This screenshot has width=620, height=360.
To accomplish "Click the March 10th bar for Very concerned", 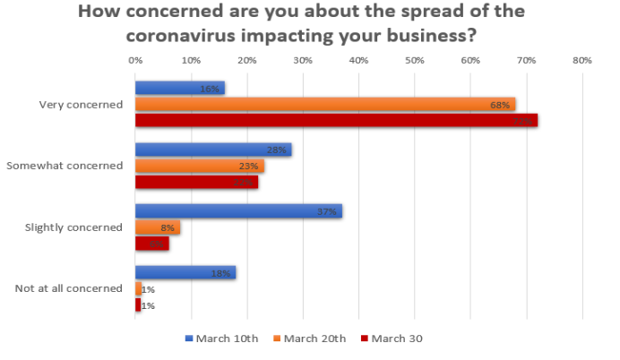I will tap(179, 88).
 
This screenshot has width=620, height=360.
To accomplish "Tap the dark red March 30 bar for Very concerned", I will tap(336, 120).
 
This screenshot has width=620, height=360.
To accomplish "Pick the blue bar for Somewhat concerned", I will tap(212, 150).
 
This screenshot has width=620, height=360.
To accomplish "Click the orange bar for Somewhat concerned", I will tap(199, 166).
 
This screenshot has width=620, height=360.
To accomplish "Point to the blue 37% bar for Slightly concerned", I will tap(238, 211).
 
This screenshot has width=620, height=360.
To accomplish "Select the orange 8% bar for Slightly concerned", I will tap(157, 227).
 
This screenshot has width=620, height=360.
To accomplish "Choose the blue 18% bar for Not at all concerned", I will tap(185, 272).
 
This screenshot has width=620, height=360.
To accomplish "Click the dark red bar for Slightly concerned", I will tap(151, 243).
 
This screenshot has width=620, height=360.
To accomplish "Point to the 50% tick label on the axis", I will tap(414, 61).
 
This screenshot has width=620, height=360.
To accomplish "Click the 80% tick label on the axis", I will tap(581, 61).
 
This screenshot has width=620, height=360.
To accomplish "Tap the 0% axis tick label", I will tap(135, 61).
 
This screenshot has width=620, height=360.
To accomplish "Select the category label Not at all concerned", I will tap(68, 288).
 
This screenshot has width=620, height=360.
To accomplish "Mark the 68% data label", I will tap(500, 105).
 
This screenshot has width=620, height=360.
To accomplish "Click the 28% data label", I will tap(277, 150).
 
